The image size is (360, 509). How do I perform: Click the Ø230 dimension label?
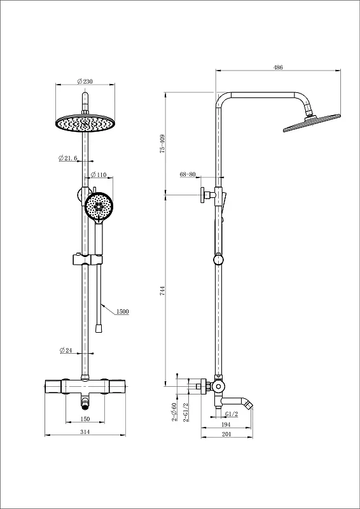[x=85, y=81]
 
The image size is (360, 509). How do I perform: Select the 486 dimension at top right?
[x=278, y=67]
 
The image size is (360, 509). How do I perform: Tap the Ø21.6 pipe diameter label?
[x=68, y=158]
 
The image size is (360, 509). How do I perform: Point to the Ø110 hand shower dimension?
[x=99, y=174]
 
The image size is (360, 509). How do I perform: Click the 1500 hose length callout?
[x=122, y=312]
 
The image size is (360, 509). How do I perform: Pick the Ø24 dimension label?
[x=66, y=351]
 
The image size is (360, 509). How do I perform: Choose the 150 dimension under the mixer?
[x=85, y=419]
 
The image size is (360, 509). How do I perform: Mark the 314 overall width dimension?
[x=85, y=432]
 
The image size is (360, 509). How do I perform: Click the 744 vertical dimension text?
[x=163, y=291]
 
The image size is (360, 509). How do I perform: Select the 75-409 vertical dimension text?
[x=163, y=144]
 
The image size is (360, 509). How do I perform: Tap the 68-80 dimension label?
[x=188, y=174]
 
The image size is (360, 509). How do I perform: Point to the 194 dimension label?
[x=226, y=424]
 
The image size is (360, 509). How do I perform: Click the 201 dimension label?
[x=226, y=435]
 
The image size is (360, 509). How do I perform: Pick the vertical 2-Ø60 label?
[x=174, y=412]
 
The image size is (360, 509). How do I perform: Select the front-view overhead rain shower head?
[x=85, y=123]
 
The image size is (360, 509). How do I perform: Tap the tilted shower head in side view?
[x=312, y=123]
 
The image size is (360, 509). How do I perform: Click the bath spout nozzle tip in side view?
[x=249, y=405]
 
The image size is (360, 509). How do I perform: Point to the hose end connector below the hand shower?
[x=98, y=328]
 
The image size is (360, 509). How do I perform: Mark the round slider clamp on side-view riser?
[x=218, y=260]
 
